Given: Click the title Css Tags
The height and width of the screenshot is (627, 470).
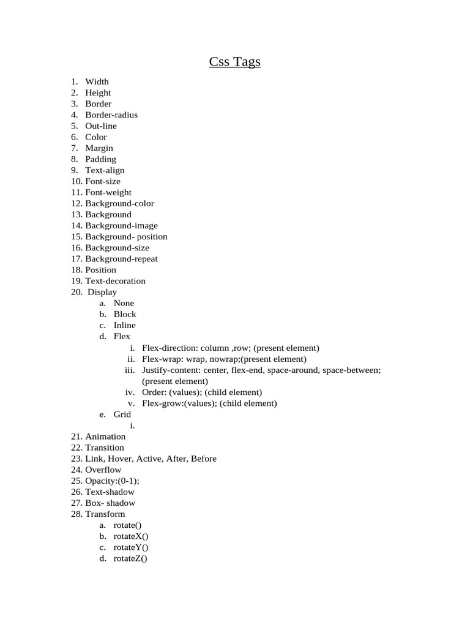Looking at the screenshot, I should tap(235, 62).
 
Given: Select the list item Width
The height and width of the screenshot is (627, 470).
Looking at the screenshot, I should tap(97, 81).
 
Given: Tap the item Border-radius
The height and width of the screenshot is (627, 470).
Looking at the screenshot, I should tap(111, 115).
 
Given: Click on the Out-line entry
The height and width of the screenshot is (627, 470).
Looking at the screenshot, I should tap(101, 126).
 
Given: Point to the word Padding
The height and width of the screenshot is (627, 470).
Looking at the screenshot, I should tap(100, 159).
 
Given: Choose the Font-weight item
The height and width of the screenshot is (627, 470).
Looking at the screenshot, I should tap(108, 192).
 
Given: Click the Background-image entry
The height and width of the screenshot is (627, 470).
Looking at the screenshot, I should tap(121, 225).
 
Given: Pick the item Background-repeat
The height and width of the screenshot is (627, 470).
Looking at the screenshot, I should tap(121, 258).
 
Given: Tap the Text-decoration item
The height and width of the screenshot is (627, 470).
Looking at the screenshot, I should tap(115, 281).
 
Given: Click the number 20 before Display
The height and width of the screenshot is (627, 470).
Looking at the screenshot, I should tap(76, 292).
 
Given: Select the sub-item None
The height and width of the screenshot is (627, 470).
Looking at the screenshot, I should tap(124, 303).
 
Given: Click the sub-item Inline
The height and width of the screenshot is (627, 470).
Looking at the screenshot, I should tap(125, 325).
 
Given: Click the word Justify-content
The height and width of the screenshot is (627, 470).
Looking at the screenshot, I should tap(168, 370).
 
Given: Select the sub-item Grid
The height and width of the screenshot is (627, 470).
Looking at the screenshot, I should tap(122, 415).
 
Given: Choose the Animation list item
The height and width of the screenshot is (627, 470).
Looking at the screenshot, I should tap(105, 437).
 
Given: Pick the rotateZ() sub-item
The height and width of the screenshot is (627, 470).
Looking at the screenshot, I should tap(131, 558).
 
